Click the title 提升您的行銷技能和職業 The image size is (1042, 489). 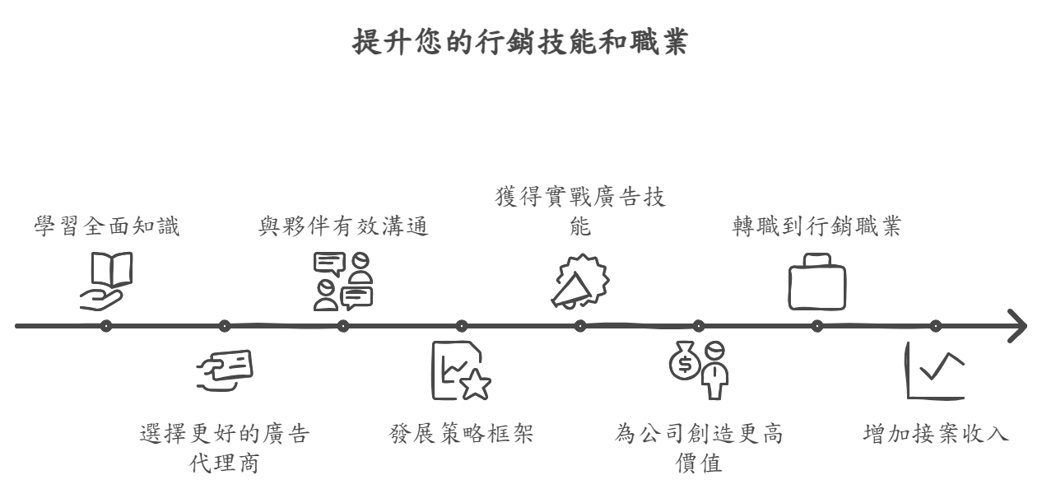pos(521,43)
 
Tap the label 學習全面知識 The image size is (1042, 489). pos(107,226)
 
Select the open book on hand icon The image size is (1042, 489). pos(107,280)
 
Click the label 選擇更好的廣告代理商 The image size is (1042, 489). pos(225,448)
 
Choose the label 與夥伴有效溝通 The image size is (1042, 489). pos(343,226)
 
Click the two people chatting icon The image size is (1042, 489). pos(343,281)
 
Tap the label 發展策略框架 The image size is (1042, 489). pos(461,434)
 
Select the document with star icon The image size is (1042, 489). pos(461,372)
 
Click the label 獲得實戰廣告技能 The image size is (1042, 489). pos(580,212)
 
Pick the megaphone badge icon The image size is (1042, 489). pos(579,281)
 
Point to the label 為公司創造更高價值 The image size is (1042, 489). pos(698,448)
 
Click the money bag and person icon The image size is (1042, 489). pos(698,369)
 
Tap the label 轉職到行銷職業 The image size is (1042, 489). pos(816,226)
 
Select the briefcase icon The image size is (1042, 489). pos(816,282)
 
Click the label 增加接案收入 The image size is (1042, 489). pos(936,434)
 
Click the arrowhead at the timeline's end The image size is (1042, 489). pos(1018,326)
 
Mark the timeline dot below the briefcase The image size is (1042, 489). pos(816,326)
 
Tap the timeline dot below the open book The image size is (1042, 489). pos(106,326)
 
